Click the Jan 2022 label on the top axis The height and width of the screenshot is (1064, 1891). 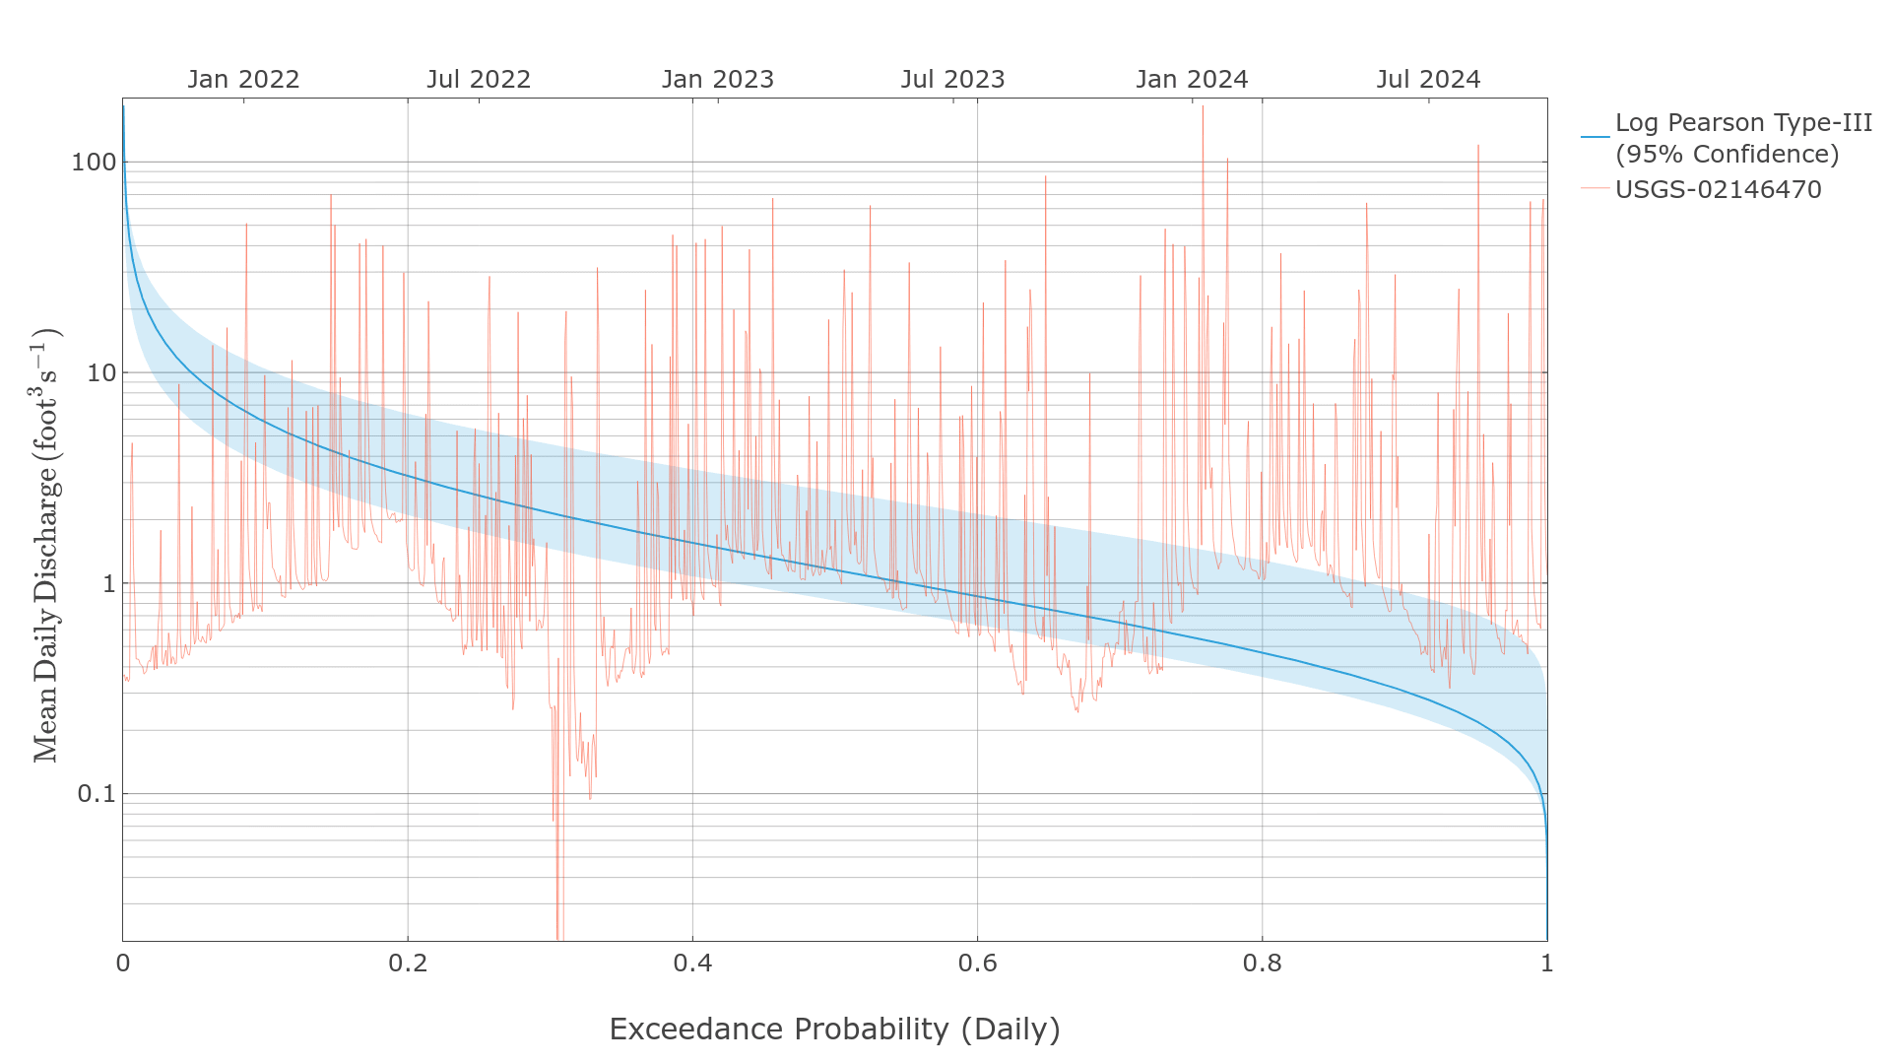pyautogui.click(x=243, y=80)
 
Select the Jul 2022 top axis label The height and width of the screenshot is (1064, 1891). pyautogui.click(x=479, y=80)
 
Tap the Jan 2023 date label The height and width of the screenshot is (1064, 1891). pyautogui.click(x=718, y=80)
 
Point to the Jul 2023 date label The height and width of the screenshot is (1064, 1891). pyautogui.click(x=952, y=80)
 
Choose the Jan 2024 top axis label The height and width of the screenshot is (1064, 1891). pyautogui.click(x=1192, y=80)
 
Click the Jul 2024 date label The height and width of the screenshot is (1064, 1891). pyautogui.click(x=1428, y=80)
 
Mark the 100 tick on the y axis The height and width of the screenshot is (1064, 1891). pyautogui.click(x=93, y=163)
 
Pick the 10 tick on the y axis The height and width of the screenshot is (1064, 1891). pyautogui.click(x=101, y=373)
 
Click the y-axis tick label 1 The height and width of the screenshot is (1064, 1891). pyautogui.click(x=108, y=584)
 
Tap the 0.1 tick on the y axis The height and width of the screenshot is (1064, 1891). pyautogui.click(x=97, y=794)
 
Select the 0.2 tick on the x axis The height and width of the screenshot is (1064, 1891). pyautogui.click(x=408, y=964)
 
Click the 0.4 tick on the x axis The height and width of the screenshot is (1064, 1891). pyautogui.click(x=692, y=964)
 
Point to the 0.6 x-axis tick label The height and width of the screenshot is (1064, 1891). pyautogui.click(x=977, y=964)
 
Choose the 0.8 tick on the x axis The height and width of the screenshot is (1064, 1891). pyautogui.click(x=1262, y=964)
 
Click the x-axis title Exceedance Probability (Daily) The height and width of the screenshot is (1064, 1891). pyautogui.click(x=834, y=1030)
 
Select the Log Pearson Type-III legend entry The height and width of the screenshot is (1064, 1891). pyautogui.click(x=1742, y=138)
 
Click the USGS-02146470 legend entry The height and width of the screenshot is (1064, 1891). pyautogui.click(x=1718, y=189)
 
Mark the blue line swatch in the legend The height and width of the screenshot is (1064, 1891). pyautogui.click(x=1595, y=138)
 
